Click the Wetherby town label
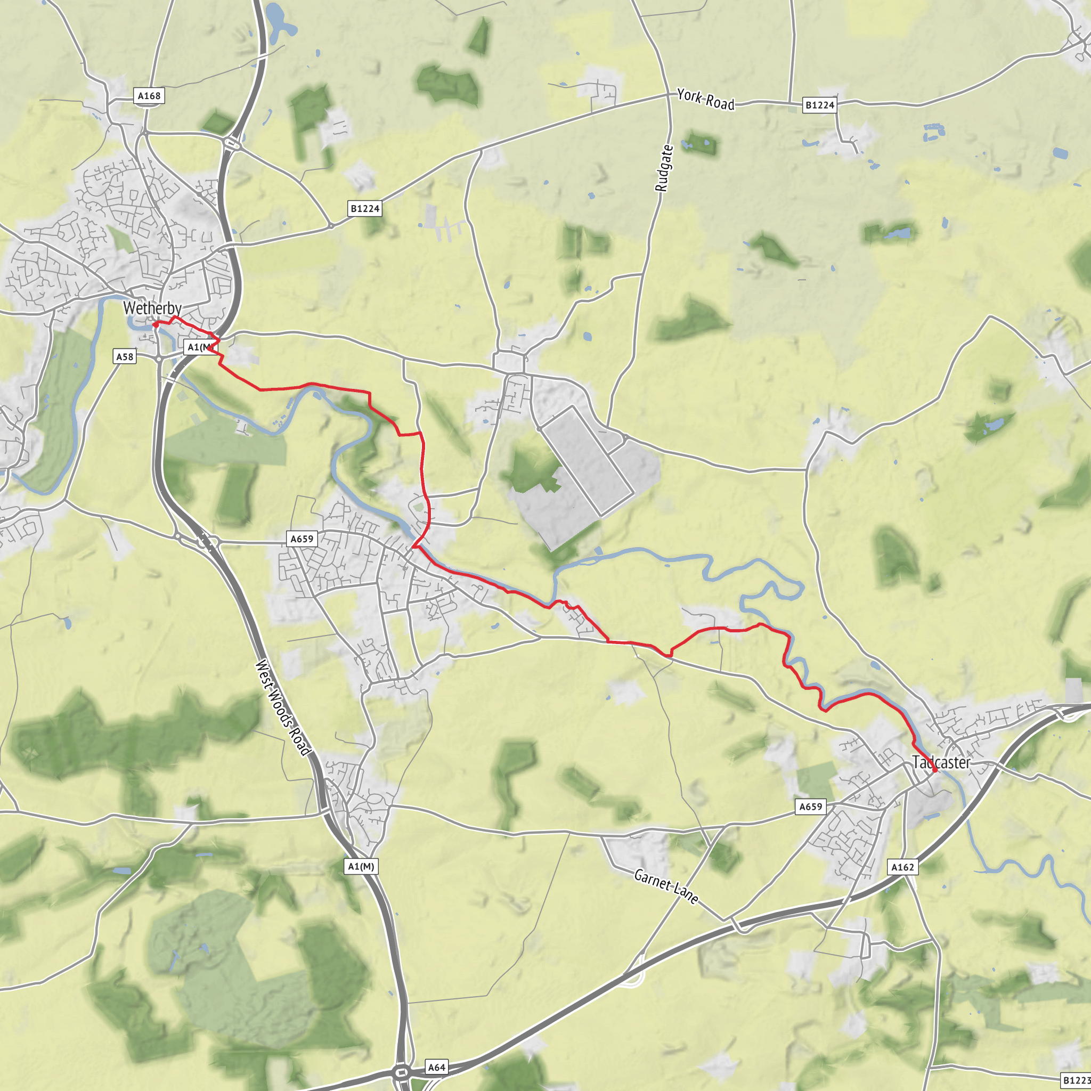pyautogui.click(x=152, y=308)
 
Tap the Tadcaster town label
pyautogui.click(x=941, y=762)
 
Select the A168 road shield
pyautogui.click(x=149, y=96)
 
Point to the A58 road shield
pyautogui.click(x=125, y=356)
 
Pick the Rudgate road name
pyautogui.click(x=664, y=168)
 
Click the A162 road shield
pyautogui.click(x=902, y=867)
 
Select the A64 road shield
pyautogui.click(x=436, y=1066)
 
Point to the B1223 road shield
pyautogui.click(x=1075, y=1080)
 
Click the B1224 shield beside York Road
pyautogui.click(x=819, y=105)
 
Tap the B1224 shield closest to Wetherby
pyautogui.click(x=365, y=209)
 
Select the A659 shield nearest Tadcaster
pyautogui.click(x=810, y=807)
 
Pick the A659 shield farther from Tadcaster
pyautogui.click(x=302, y=539)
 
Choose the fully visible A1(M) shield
pyautogui.click(x=361, y=866)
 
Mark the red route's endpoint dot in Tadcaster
pyautogui.click(x=935, y=770)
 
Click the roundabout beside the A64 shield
pyautogui.click(x=402, y=1071)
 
